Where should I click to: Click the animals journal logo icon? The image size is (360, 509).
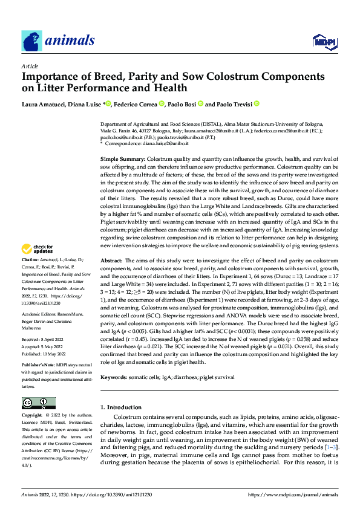click(31, 41)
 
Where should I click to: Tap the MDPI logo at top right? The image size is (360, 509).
click(320, 41)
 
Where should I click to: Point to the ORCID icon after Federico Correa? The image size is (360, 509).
click(162, 104)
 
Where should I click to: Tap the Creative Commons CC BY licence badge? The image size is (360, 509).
click(38, 403)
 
